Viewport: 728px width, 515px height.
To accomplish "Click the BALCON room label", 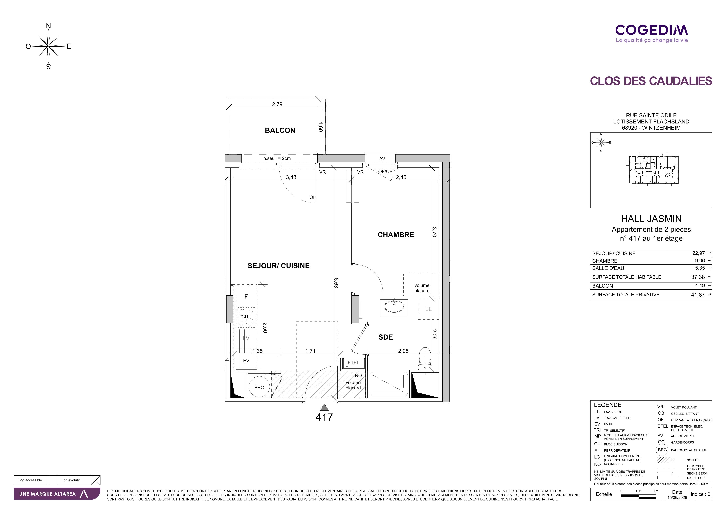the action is [280, 130].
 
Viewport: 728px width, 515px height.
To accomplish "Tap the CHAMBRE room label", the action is [396, 235].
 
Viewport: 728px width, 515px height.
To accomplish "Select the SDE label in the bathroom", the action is [385, 337].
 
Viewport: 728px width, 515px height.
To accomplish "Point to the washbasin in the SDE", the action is [394, 307].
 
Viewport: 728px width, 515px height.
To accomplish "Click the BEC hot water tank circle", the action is [259, 387].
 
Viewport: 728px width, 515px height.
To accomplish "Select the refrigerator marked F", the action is [246, 297].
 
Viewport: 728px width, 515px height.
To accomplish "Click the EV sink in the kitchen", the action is [246, 361].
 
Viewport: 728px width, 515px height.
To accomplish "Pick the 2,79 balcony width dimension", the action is [277, 104].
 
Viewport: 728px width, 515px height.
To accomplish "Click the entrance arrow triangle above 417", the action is [324, 407].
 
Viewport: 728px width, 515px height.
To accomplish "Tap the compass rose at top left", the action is [48, 46].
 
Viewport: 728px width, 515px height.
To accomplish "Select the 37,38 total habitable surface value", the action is [698, 277].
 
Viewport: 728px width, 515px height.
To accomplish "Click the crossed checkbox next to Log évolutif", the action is [95, 480].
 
